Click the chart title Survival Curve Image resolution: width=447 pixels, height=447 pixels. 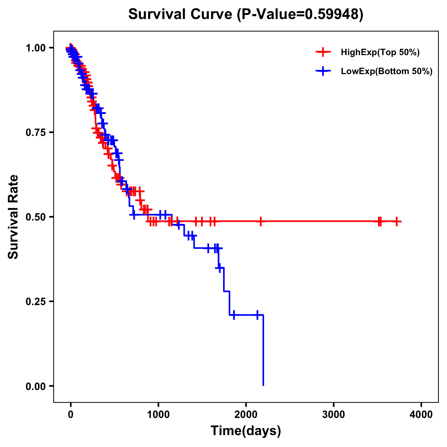181,15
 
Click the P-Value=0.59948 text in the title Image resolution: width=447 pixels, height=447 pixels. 301,15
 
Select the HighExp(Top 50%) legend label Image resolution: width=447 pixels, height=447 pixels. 380,53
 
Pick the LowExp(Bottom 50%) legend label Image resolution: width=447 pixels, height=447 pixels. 387,72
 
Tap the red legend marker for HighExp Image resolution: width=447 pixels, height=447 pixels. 323,52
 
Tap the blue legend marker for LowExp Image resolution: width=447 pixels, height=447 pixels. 323,71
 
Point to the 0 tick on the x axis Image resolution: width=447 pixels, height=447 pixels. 71,415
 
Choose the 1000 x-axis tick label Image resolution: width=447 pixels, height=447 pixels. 158,415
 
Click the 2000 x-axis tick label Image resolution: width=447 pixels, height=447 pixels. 246,415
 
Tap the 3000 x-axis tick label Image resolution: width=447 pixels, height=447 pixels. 334,415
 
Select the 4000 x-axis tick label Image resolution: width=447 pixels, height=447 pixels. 421,415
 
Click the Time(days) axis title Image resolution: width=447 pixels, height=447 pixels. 246,431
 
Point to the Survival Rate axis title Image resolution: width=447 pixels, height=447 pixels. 13,217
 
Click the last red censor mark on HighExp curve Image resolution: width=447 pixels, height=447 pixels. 397,221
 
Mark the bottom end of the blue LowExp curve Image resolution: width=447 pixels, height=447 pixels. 263,385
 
